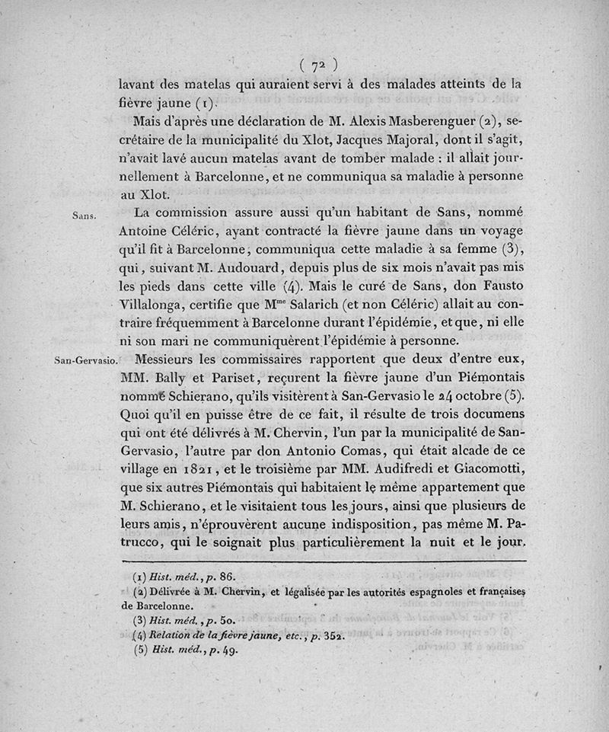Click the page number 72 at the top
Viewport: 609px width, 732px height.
click(319, 64)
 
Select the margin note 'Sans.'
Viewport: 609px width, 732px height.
click(82, 216)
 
